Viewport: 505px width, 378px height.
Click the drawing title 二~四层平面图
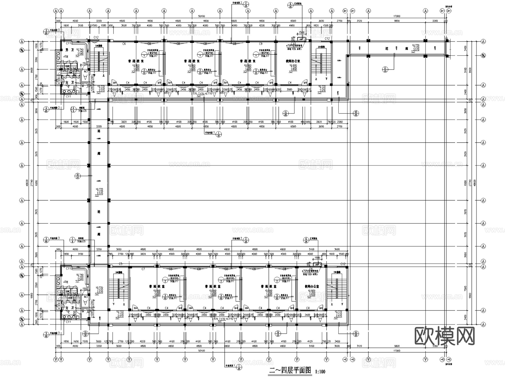[x=290, y=370]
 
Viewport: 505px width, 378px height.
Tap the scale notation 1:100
[x=320, y=372]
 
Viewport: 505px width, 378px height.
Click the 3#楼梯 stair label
[x=118, y=272]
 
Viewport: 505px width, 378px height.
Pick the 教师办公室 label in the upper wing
[x=293, y=61]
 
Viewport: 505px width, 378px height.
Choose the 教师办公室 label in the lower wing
[x=312, y=287]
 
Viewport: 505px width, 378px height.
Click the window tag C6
[x=124, y=44]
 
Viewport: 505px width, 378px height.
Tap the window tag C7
[x=143, y=269]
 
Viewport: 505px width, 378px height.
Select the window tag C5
[x=121, y=264]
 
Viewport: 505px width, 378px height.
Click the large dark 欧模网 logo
[x=445, y=336]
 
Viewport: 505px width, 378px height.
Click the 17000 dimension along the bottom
[x=396, y=351]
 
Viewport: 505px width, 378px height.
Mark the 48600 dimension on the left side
[x=27, y=183]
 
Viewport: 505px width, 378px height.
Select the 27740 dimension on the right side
[x=470, y=183]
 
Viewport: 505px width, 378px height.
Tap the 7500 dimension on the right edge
[x=466, y=288]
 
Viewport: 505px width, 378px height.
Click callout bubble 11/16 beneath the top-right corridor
[x=385, y=69]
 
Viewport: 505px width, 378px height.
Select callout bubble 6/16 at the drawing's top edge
[x=290, y=5]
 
